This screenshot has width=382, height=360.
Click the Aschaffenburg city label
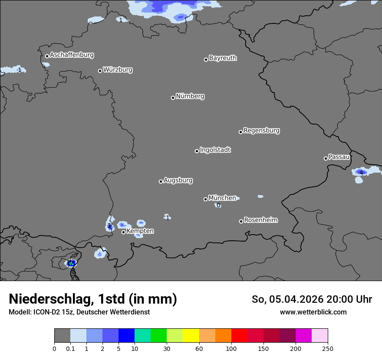72,55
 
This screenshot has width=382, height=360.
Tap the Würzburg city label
118,70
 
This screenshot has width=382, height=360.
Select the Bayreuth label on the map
223,58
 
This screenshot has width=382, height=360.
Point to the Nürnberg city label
190,96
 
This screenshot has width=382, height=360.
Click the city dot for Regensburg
240,132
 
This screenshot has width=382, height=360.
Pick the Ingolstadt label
215,150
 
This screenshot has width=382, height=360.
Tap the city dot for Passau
326,158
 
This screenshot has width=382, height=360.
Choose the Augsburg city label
178,180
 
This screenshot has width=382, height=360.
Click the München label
222,198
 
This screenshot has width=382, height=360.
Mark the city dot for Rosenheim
241,222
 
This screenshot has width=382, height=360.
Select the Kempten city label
140,231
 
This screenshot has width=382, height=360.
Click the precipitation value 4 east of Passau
361,173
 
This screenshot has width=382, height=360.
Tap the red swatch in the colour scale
239,336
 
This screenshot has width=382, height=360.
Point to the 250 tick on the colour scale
328,348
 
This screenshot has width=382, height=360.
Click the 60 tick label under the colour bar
199,348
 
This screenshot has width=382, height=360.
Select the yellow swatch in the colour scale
191,336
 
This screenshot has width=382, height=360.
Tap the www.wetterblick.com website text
313,312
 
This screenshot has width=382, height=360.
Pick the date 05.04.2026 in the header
296,299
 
